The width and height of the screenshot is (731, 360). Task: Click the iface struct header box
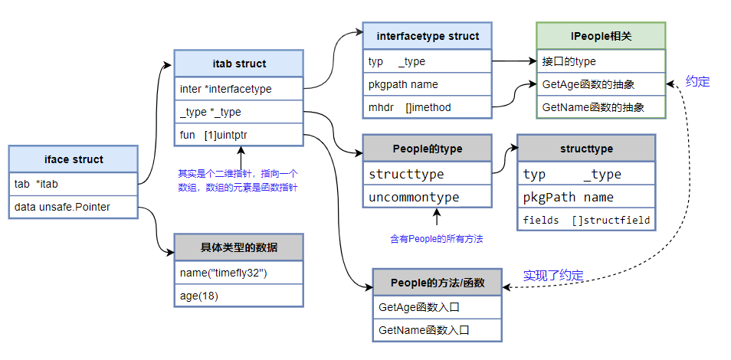[74, 159]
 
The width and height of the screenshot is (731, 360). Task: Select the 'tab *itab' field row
[74, 184]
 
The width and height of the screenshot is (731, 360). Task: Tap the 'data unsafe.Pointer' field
[74, 208]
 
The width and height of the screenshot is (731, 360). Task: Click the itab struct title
[239, 64]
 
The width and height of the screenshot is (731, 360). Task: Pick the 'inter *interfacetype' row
[239, 89]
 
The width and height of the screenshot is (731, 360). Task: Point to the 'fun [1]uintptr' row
[239, 135]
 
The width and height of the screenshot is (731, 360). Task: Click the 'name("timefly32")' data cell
[239, 272]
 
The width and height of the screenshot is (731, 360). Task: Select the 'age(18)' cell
[239, 295]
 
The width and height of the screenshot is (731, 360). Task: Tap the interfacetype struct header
[427, 36]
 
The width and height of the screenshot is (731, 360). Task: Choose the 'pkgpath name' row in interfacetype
[427, 84]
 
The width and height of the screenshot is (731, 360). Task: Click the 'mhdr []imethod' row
[427, 107]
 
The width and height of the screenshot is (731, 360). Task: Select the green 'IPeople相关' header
[601, 36]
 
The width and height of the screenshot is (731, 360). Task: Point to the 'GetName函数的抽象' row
[601, 107]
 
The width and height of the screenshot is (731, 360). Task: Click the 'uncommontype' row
[427, 197]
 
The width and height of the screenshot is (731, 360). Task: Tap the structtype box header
[586, 149]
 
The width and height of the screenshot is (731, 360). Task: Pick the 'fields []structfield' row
[586, 221]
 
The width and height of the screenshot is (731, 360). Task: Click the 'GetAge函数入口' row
[437, 306]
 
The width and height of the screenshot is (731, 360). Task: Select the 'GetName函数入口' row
[437, 330]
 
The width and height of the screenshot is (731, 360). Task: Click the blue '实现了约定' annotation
[552, 276]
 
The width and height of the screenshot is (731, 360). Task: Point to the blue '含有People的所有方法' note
[436, 238]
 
